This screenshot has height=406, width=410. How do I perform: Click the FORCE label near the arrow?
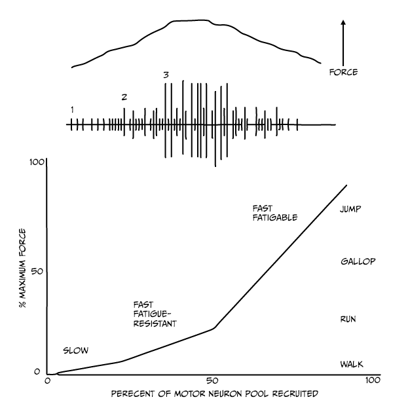click(x=343, y=72)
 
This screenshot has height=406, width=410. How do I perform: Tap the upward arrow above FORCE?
click(x=343, y=39)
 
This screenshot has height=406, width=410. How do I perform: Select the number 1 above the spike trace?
click(x=71, y=109)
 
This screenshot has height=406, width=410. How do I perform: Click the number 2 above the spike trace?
click(x=124, y=97)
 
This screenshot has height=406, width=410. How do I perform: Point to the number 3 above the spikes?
click(x=166, y=75)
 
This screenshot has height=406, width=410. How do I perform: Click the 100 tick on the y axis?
click(x=35, y=161)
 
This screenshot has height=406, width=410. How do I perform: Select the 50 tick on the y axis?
click(x=37, y=270)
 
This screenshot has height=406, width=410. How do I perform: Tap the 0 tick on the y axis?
click(x=38, y=373)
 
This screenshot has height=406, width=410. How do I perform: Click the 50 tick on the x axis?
click(x=212, y=381)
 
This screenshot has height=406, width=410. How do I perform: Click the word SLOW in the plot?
click(x=75, y=350)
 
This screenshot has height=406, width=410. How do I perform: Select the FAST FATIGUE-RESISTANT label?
click(x=155, y=314)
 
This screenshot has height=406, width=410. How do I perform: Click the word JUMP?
click(x=351, y=210)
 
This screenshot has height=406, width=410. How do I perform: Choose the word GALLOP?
click(x=358, y=262)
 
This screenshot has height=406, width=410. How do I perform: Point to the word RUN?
click(x=348, y=319)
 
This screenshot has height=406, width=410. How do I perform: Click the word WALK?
click(x=351, y=364)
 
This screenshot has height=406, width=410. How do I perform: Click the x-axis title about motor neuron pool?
click(x=214, y=394)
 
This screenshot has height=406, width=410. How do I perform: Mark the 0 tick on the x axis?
click(x=48, y=381)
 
